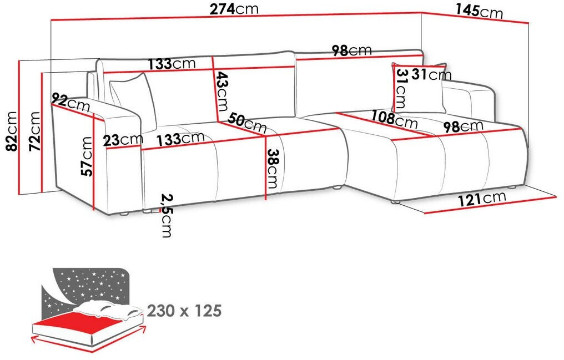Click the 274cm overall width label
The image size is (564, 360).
tap(234, 9)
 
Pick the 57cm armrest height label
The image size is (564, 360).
tap(87, 156)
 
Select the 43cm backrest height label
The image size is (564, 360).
tap(222, 92)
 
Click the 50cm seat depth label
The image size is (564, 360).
tap(247, 123)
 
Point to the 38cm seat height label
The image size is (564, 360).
tap(272, 169)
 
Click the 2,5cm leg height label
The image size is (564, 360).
tap(167, 216)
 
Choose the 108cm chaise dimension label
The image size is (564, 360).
tap(394, 119)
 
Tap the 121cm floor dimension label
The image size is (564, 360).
tap(482, 199)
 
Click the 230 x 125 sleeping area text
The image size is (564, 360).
tap(184, 311)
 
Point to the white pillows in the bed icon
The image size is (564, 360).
tap(108, 308)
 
